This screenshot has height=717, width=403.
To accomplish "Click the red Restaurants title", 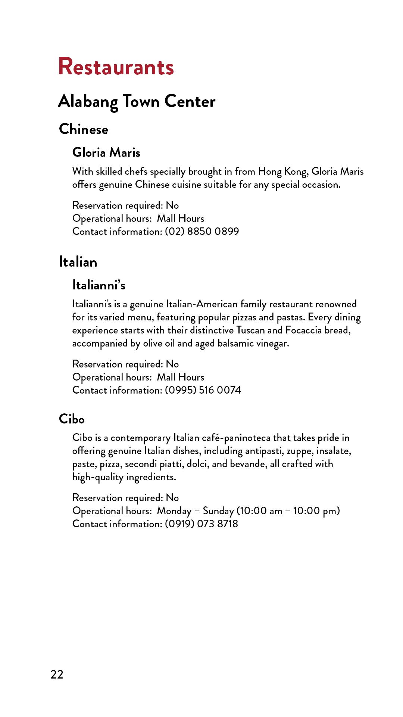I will tap(116, 67).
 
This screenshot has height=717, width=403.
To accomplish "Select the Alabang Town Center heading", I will tap(137, 102).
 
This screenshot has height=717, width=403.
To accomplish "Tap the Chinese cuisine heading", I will tap(84, 129).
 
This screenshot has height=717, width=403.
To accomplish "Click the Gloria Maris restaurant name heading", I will tap(106, 152).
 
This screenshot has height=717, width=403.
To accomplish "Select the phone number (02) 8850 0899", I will tap(202, 232).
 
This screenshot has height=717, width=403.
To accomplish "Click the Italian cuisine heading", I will tap(78, 262).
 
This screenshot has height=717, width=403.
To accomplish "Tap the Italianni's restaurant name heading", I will tap(99, 285).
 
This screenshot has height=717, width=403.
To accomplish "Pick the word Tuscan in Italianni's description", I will tap(250, 330).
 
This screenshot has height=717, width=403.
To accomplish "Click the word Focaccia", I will tap(303, 330).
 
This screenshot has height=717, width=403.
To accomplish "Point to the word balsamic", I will tap(235, 344).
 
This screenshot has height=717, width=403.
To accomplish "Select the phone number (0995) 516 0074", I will tap(203, 390).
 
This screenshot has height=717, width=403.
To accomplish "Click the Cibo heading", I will tap(72, 419).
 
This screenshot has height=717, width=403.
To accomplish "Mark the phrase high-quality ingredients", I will tap(124, 477).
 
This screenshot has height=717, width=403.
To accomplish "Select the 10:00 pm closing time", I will tap(316, 511).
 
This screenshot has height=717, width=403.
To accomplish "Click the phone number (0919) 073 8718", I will tap(201, 524).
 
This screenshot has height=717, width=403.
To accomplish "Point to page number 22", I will tap(57, 674).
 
